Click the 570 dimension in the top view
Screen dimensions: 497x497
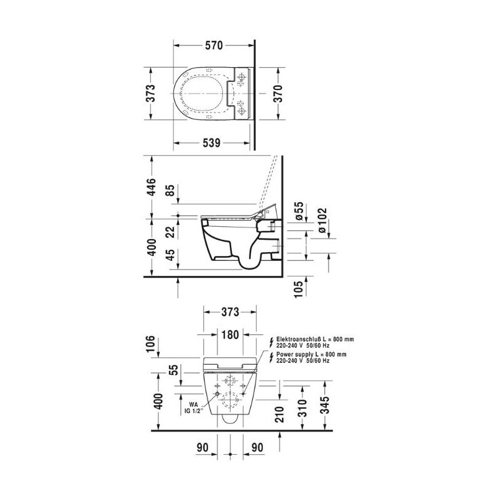tap(214, 45)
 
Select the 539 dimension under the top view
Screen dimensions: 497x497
tap(211, 143)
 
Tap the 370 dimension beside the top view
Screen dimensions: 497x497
tap(278, 94)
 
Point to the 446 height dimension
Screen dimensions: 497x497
tap(152, 187)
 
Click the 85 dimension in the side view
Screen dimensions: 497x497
tap(171, 190)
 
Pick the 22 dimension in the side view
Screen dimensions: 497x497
tap(171, 232)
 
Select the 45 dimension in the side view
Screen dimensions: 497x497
tap(171, 255)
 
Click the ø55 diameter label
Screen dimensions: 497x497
tap(299, 211)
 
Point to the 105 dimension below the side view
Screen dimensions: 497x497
tap(299, 288)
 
